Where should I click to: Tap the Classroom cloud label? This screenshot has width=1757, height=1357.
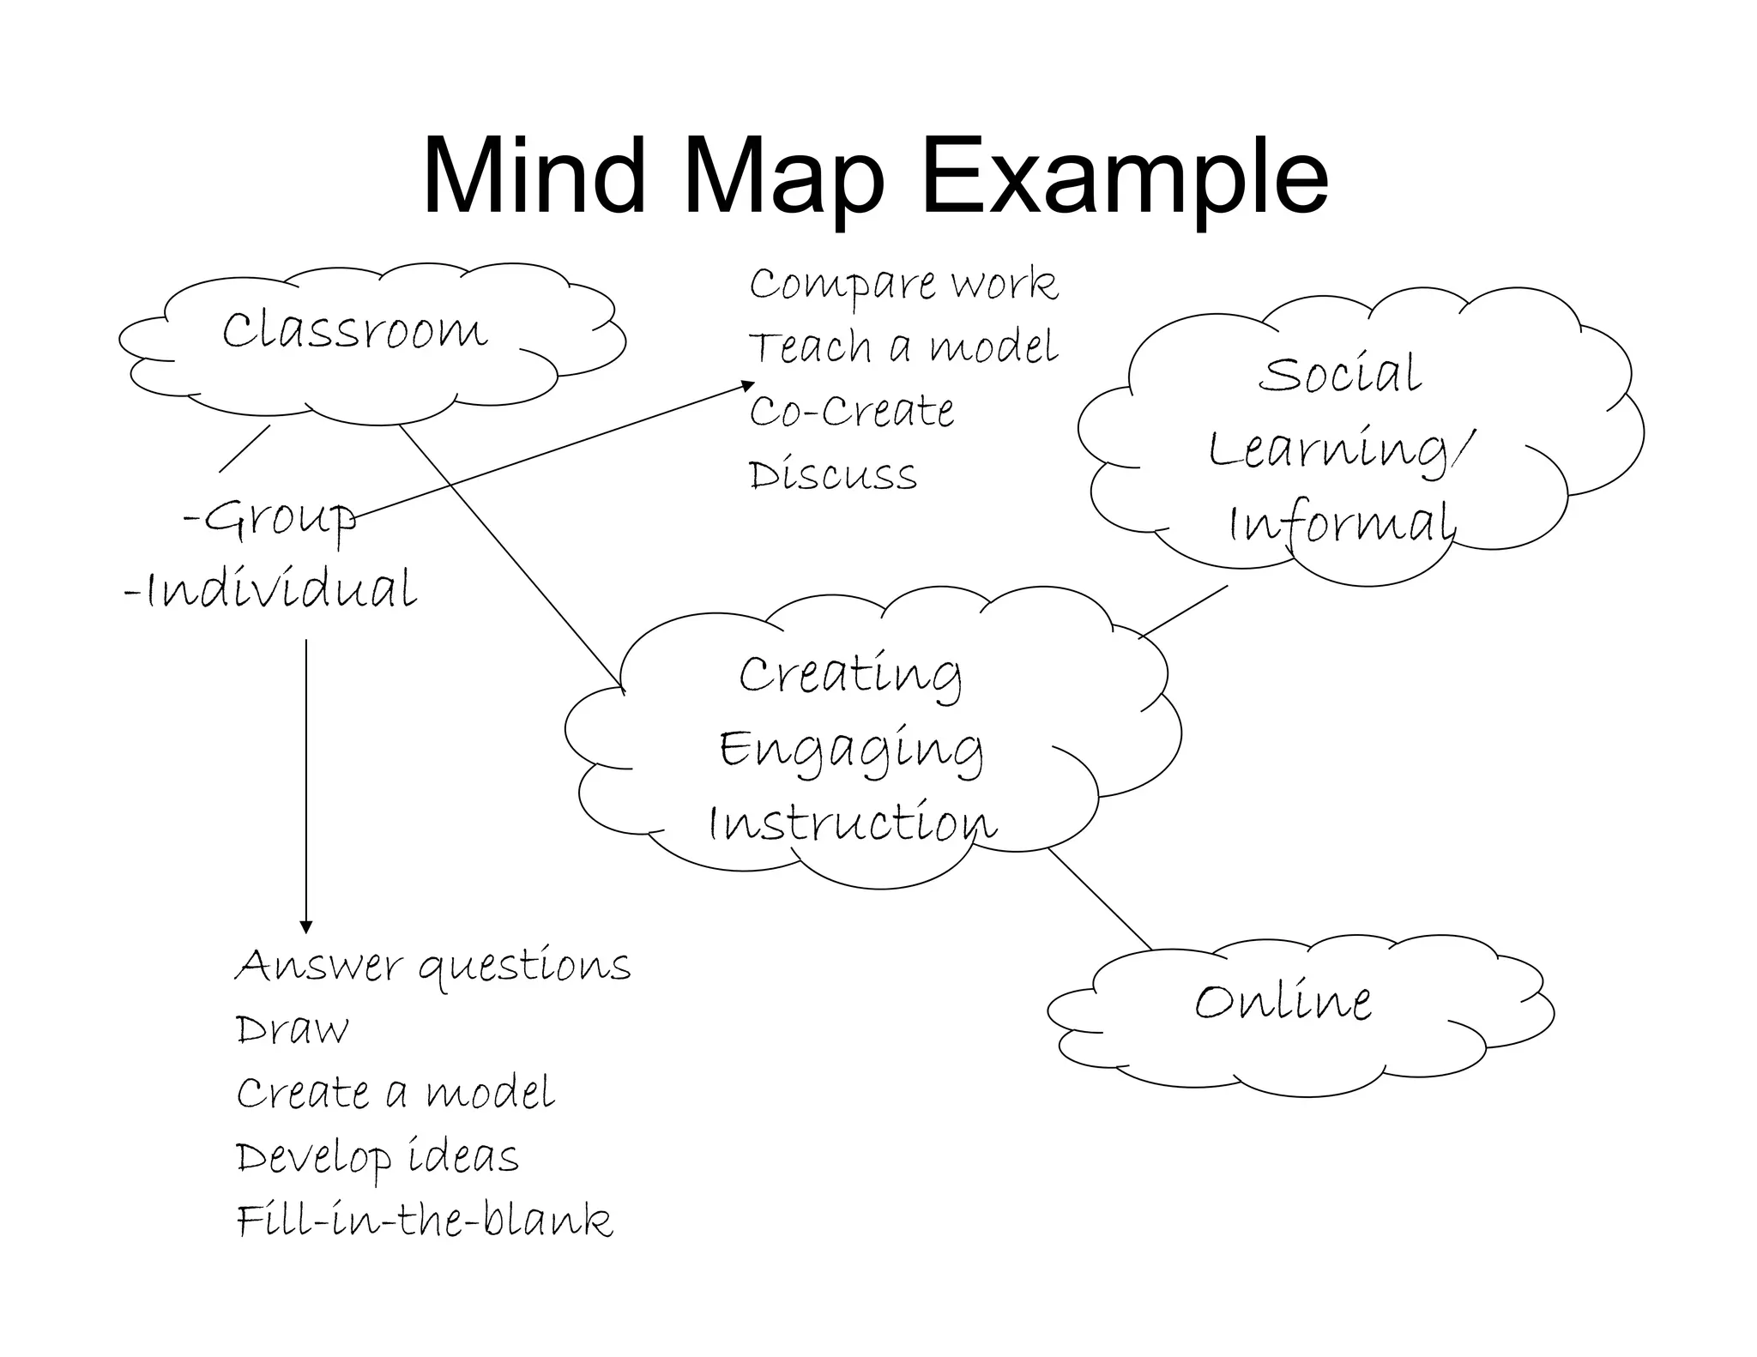pos(354,331)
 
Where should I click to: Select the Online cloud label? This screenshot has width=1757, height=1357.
pos(1283,1002)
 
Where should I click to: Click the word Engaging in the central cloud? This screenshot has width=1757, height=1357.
pos(851,750)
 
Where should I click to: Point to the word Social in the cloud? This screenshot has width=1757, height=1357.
pos(1339,374)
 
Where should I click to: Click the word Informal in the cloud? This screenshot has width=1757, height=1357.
pos(1342,523)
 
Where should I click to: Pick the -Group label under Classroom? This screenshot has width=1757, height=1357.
pos(270,517)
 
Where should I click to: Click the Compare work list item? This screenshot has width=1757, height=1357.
pos(903,284)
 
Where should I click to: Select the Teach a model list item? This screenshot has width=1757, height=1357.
pos(903,347)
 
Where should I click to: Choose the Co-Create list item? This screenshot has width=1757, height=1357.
pos(851,411)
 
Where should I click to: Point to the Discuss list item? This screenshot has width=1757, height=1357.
pos(832,474)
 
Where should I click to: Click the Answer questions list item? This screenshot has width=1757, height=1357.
pos(433,967)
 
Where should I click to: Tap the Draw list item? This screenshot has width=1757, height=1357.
pos(293,1029)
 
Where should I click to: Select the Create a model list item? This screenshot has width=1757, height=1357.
pos(395,1093)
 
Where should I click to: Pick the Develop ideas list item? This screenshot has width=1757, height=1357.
pos(377,1157)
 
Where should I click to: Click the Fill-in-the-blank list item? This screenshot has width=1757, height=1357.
pos(425,1221)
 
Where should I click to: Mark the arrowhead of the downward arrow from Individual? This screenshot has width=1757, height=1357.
pos(306,927)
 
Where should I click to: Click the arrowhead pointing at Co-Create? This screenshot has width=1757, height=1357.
pos(748,385)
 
